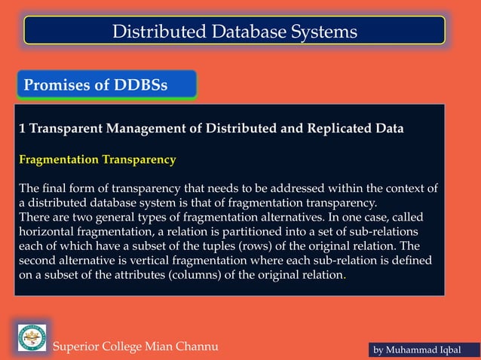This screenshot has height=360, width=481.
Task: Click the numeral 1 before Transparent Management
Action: point(22,128)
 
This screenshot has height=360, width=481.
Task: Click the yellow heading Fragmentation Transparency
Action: point(97,160)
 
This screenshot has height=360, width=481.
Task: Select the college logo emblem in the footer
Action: point(32,337)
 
